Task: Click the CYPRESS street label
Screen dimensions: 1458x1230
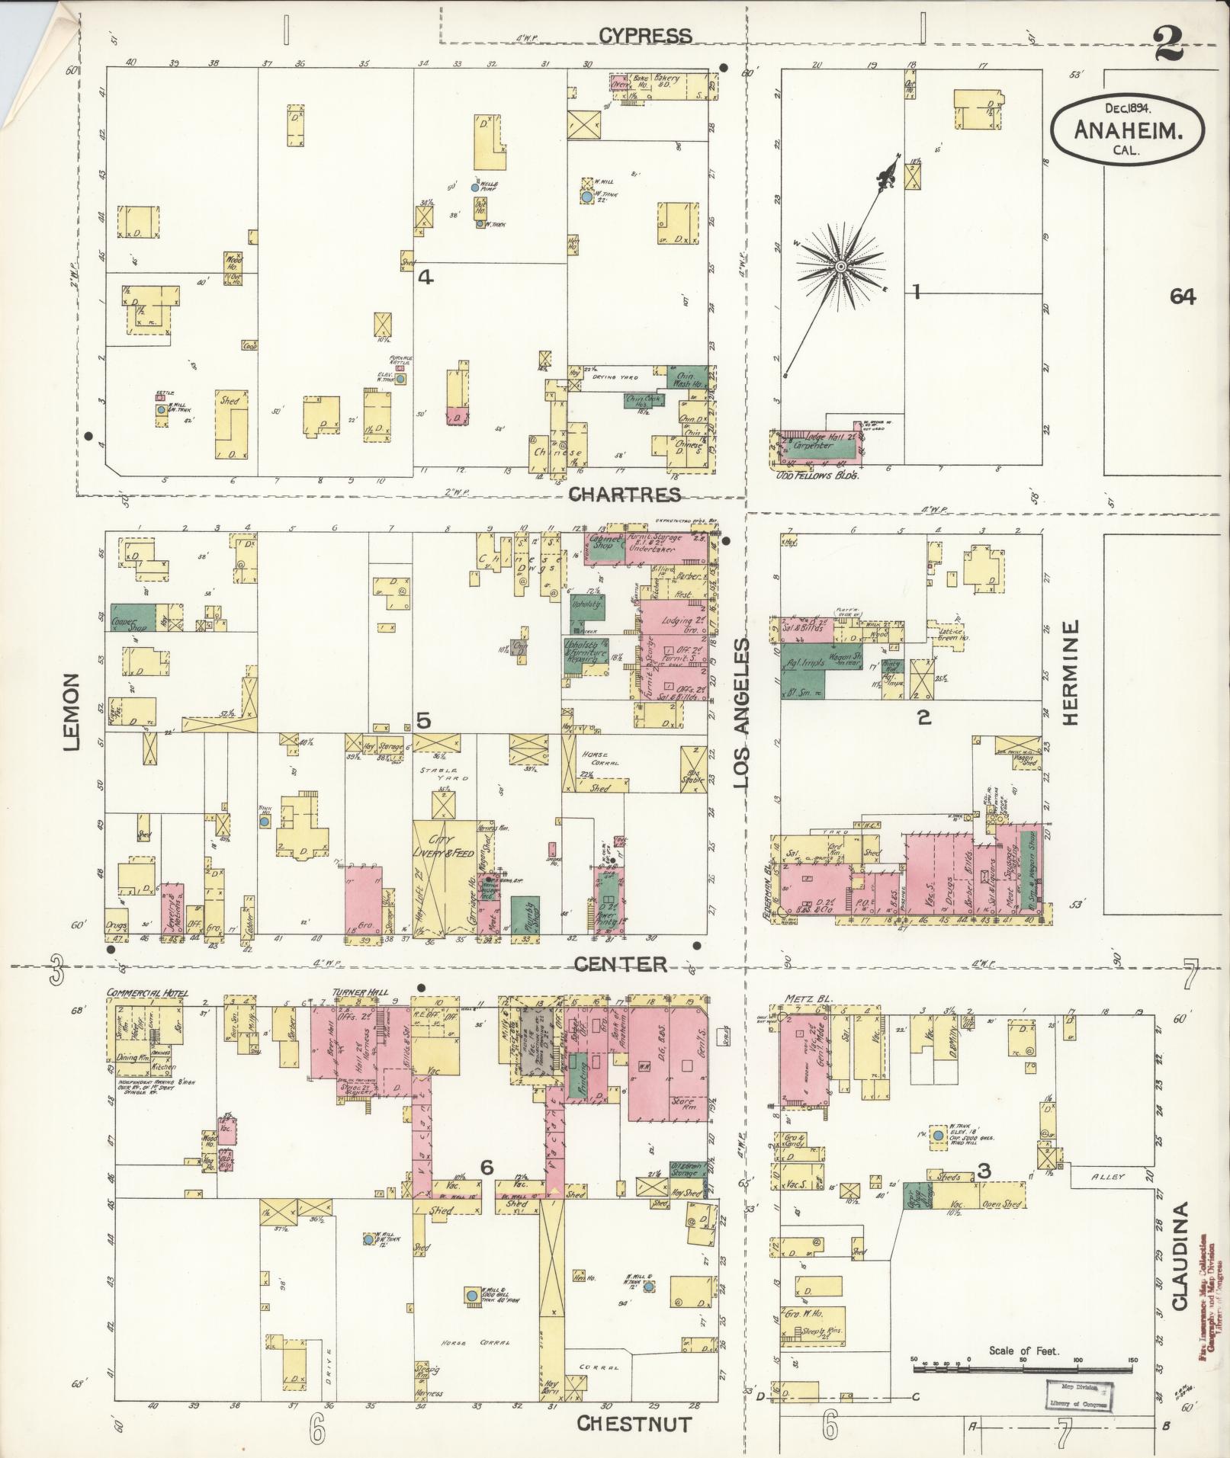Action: coord(644,35)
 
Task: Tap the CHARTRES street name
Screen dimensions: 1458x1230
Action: coord(625,495)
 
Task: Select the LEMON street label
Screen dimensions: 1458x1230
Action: coord(73,711)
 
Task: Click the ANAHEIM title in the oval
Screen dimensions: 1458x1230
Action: coord(1129,130)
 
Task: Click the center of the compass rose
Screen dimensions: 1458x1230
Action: coord(840,266)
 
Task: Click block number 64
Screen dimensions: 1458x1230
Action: coord(1183,297)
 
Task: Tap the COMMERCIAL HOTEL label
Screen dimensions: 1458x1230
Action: coord(147,993)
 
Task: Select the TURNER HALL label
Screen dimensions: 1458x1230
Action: coord(360,993)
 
